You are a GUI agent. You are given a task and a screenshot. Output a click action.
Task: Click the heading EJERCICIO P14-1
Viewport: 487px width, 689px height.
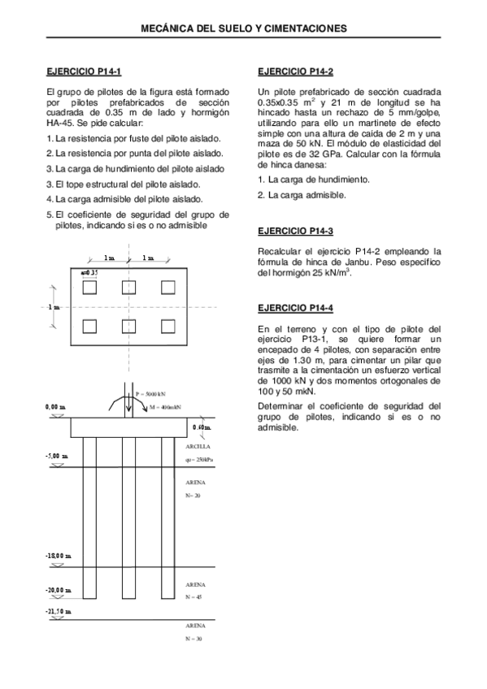click(x=84, y=71)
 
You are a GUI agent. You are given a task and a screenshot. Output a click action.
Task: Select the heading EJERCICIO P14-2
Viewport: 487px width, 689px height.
click(x=294, y=71)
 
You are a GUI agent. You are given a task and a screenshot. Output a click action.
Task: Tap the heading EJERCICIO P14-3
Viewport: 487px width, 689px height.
click(x=294, y=231)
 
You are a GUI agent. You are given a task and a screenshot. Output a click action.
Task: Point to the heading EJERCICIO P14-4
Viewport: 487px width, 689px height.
click(x=294, y=308)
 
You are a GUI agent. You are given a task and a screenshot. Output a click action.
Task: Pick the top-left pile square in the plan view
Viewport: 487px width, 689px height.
click(x=90, y=287)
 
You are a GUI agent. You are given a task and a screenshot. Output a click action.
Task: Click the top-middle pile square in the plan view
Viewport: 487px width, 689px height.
click(x=129, y=287)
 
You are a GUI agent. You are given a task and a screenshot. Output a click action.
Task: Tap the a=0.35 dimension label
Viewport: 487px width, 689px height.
click(x=89, y=271)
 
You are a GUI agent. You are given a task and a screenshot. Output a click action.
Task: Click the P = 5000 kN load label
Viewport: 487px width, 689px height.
click(x=153, y=394)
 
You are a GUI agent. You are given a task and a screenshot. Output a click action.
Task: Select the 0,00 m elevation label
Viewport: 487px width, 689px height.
click(x=56, y=405)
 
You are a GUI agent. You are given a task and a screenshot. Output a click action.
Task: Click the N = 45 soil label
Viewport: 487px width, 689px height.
click(x=193, y=597)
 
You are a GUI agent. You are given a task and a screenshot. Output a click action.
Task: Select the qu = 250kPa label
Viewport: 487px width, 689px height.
click(x=200, y=461)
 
